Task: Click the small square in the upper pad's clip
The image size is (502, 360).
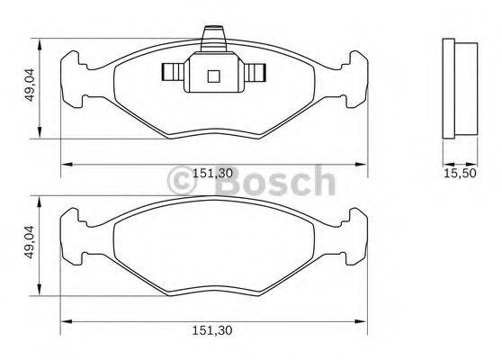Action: click(212, 76)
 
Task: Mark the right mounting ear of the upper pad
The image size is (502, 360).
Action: click(354, 72)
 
